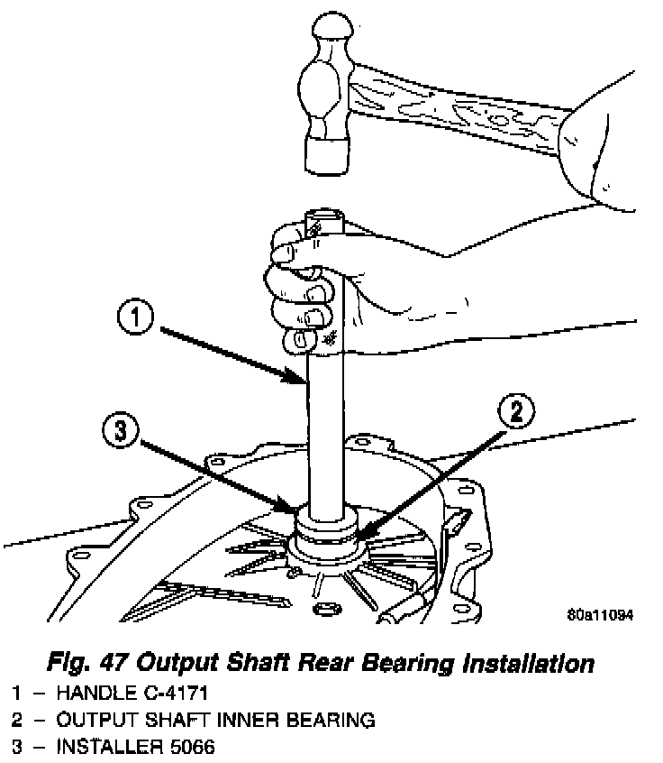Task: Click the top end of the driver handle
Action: point(324,222)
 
